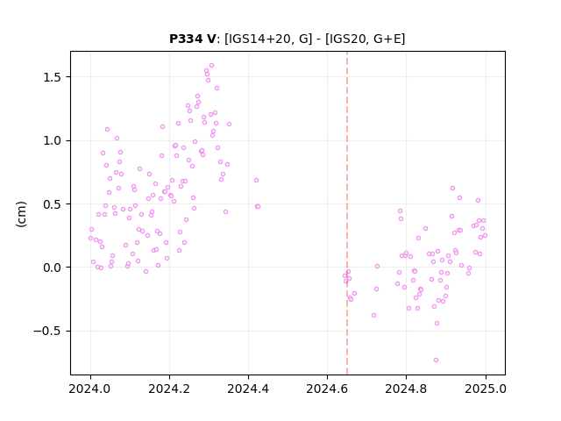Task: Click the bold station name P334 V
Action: point(193,39)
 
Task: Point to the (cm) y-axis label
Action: point(21,214)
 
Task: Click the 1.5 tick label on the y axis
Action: point(53,77)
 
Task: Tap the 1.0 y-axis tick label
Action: point(53,140)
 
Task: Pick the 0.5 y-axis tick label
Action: point(53,204)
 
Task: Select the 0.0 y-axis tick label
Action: point(53,268)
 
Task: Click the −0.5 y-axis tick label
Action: point(47,331)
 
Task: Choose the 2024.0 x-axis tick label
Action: point(90,389)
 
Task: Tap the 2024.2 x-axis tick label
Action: point(169,389)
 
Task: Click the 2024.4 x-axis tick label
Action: point(248,389)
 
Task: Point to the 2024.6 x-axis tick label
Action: point(327,389)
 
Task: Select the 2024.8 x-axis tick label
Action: point(406,389)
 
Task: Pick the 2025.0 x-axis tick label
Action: point(486,389)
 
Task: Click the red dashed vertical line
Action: point(347,213)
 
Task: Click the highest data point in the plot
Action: point(211,66)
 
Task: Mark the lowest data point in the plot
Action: point(436,360)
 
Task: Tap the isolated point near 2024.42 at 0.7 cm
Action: point(256,181)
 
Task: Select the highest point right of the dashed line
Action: point(452,189)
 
